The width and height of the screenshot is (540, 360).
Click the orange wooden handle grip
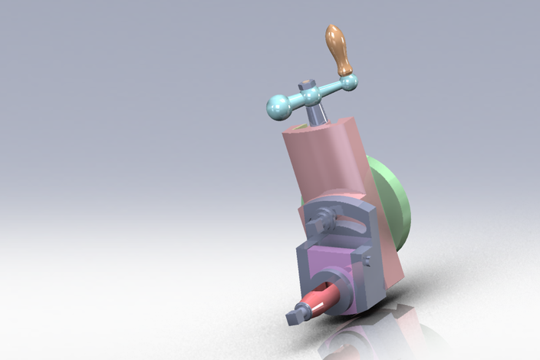(337, 47)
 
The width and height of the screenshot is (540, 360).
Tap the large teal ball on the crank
(278, 106)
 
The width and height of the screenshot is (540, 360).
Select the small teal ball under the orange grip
(347, 81)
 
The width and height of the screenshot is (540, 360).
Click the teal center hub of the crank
(311, 96)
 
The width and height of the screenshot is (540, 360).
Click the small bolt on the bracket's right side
(367, 261)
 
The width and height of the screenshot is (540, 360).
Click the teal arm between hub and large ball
(295, 101)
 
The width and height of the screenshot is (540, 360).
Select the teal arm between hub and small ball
(330, 89)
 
